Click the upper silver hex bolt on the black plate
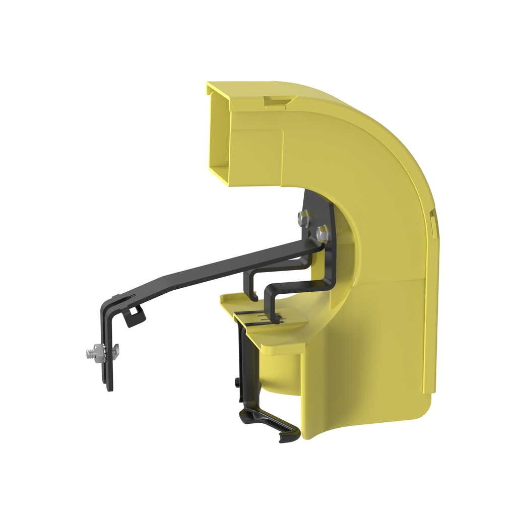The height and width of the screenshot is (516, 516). (303, 218)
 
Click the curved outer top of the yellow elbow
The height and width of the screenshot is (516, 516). (383, 131)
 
